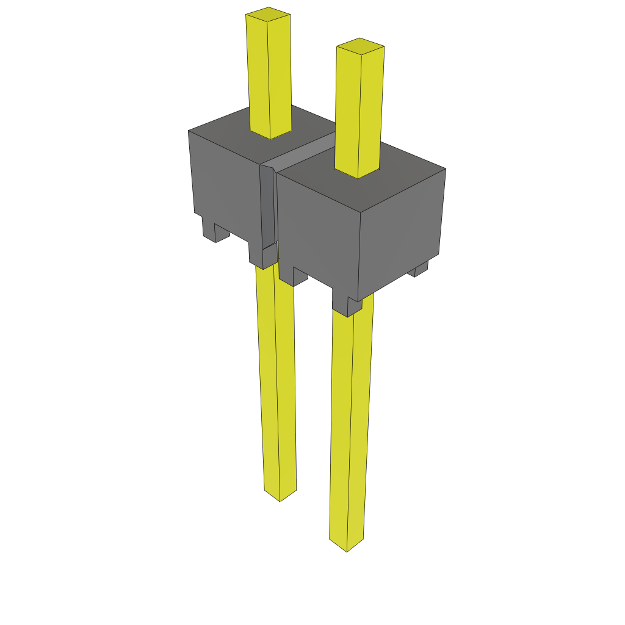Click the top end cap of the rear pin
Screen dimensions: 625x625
[268, 13]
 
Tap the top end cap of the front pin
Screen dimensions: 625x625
[360, 46]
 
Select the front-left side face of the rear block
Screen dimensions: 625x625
[226, 183]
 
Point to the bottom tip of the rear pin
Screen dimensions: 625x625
[280, 496]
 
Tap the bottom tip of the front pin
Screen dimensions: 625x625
[347, 546]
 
